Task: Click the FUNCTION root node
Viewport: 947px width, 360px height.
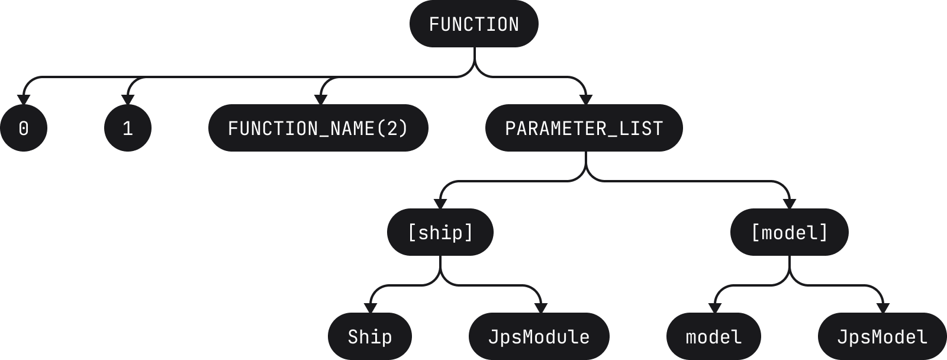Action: click(474, 24)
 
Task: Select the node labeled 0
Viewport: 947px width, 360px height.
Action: click(24, 128)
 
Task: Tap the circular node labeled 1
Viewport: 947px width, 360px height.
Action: click(128, 128)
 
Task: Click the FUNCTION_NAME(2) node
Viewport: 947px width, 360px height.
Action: click(318, 128)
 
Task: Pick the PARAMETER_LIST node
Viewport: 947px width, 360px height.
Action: click(584, 128)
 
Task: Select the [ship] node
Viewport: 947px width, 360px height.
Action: click(440, 232)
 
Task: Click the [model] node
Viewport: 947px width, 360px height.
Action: click(790, 232)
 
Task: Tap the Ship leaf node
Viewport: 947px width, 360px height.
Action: click(370, 336)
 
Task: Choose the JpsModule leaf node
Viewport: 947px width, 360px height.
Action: click(539, 336)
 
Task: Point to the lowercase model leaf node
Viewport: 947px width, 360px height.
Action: click(714, 336)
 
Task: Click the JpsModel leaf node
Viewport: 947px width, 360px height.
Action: click(882, 336)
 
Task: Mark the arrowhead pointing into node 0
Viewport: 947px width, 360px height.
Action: click(24, 99)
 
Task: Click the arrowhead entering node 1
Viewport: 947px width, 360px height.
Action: click(128, 99)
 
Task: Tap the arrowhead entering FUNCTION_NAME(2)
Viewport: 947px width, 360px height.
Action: click(321, 99)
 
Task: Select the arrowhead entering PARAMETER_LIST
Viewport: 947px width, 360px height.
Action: click(586, 99)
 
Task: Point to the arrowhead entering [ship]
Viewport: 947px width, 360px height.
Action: click(440, 204)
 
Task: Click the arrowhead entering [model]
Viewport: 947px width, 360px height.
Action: click(790, 204)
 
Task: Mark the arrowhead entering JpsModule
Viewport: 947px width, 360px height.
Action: click(541, 308)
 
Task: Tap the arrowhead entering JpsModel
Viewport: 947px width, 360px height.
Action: click(883, 308)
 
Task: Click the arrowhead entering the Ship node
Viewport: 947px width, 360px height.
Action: click(371, 308)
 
